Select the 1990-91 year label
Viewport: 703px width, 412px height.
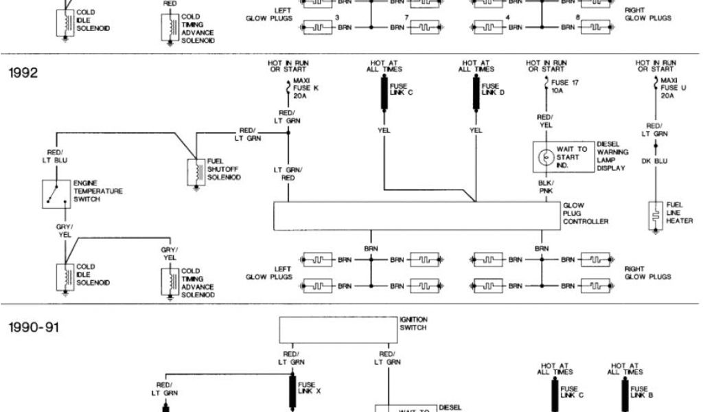click(x=33, y=328)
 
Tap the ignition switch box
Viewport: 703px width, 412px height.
click(x=338, y=330)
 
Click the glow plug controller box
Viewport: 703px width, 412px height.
click(x=417, y=216)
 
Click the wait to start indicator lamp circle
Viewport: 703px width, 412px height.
click(x=546, y=157)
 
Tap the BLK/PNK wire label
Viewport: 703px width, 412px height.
click(x=546, y=187)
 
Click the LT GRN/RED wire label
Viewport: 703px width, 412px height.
click(x=288, y=173)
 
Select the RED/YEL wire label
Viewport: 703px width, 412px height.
click(x=546, y=122)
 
